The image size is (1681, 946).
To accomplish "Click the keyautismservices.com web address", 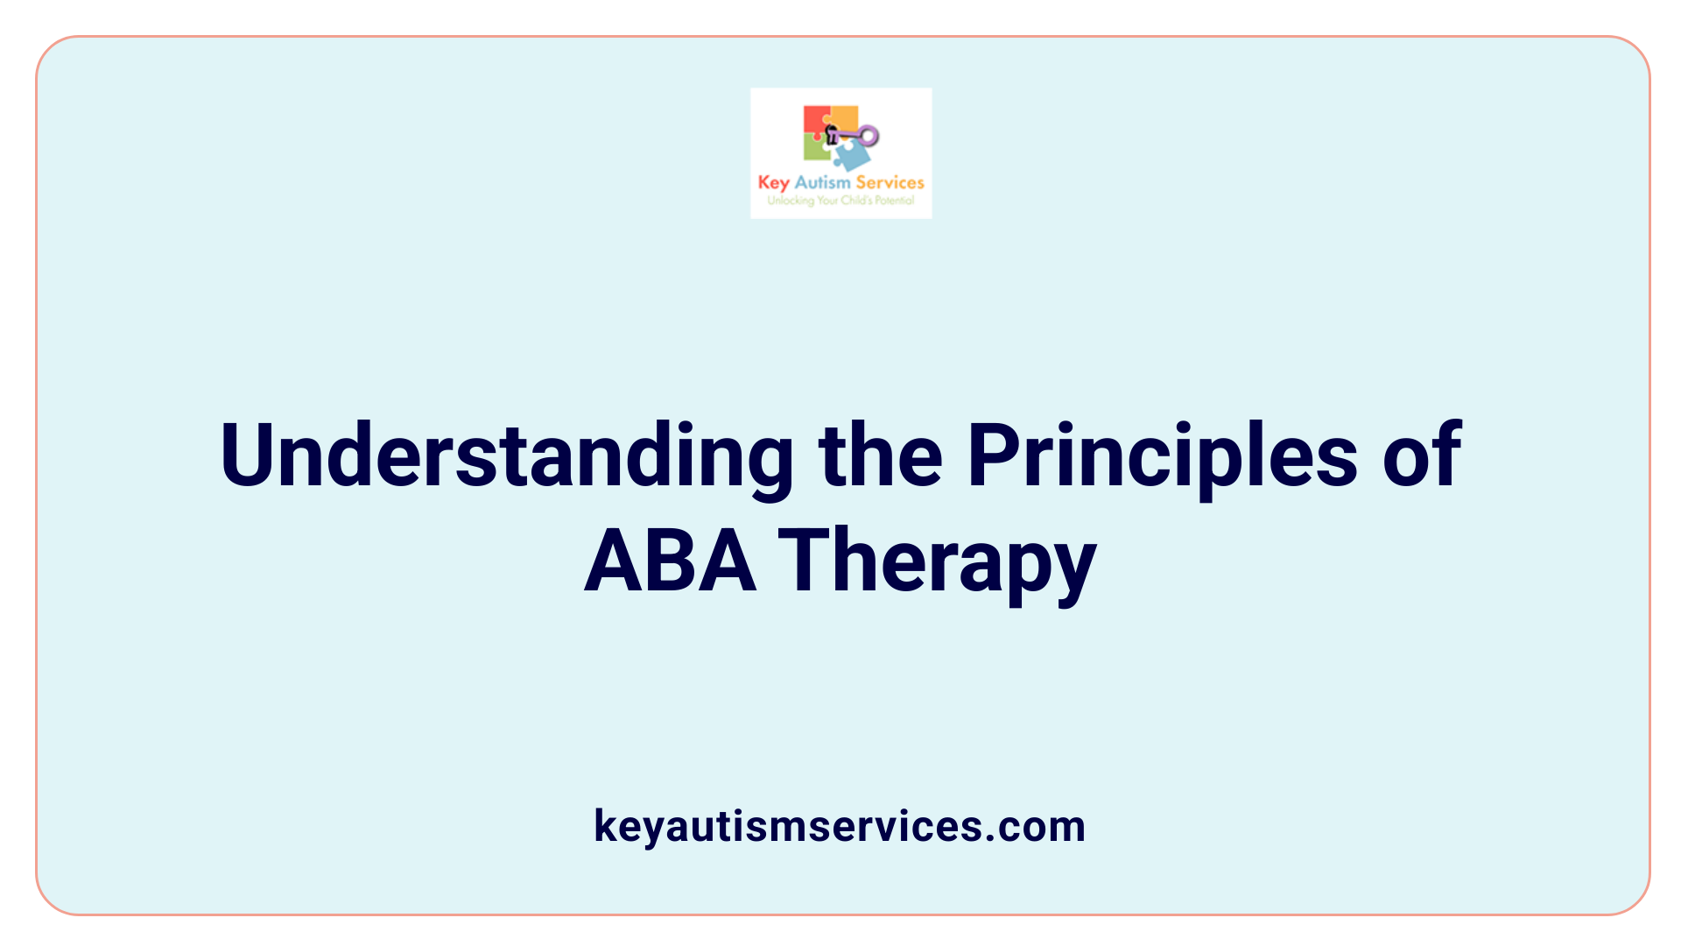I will coord(840,826).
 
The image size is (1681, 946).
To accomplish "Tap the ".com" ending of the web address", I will coord(1037,826).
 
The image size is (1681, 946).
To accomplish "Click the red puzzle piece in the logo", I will coord(815,121).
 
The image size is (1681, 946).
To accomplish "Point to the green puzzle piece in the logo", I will coord(815,149).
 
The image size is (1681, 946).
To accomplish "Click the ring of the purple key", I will coord(869,135).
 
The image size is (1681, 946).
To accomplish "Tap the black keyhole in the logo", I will coord(832,134).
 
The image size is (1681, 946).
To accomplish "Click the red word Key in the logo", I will coord(774,183).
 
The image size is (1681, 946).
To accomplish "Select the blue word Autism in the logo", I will coord(822,182).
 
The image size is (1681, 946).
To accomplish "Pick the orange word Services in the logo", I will coord(890,182).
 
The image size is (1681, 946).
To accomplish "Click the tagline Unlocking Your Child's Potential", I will coord(840,201).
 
